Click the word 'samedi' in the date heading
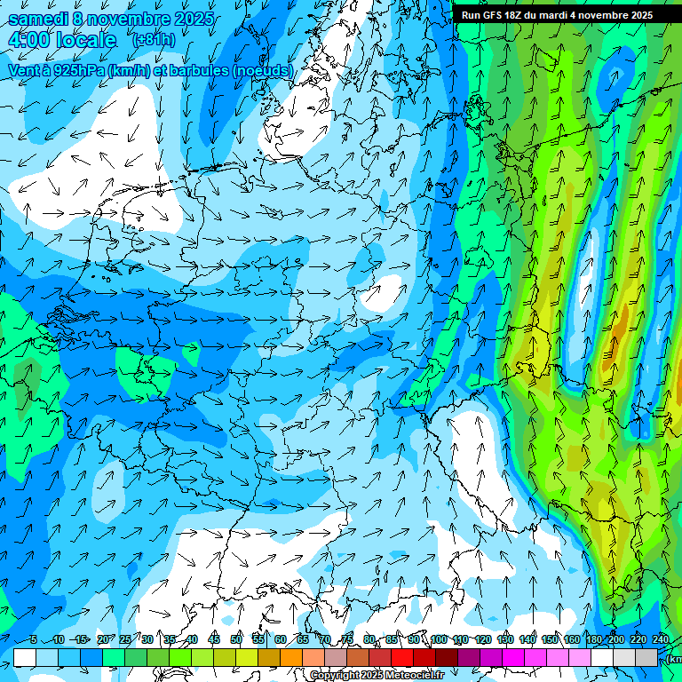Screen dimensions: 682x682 36,18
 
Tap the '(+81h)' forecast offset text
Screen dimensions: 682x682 153,41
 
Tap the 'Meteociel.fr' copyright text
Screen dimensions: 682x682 409,676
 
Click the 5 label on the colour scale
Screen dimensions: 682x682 33,639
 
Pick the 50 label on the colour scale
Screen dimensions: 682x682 236,639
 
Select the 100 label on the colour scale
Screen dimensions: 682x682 439,639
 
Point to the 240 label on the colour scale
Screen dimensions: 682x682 661,639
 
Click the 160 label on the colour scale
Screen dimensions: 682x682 572,639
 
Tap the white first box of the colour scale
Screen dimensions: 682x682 25,657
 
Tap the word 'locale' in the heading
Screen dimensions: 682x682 83,40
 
